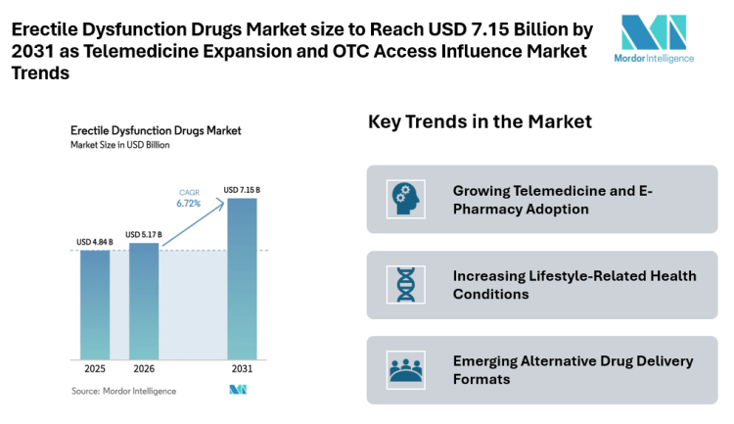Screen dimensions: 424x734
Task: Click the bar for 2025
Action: [95, 305]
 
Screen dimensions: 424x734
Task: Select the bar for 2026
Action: [143, 301]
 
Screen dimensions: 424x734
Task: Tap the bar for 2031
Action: [242, 278]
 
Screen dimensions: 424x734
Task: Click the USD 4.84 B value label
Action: [95, 241]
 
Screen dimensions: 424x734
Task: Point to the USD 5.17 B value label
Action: [143, 234]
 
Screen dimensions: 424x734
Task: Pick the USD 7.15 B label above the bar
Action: [242, 189]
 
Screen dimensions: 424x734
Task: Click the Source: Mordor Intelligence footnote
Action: [124, 391]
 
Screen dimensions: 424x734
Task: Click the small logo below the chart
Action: [237, 391]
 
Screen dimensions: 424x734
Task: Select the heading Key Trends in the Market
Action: [480, 122]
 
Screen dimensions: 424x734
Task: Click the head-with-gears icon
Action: [403, 199]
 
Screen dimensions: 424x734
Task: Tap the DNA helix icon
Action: [403, 285]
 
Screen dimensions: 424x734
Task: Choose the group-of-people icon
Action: [403, 370]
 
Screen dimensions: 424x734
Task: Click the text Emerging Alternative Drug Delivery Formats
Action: [573, 370]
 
